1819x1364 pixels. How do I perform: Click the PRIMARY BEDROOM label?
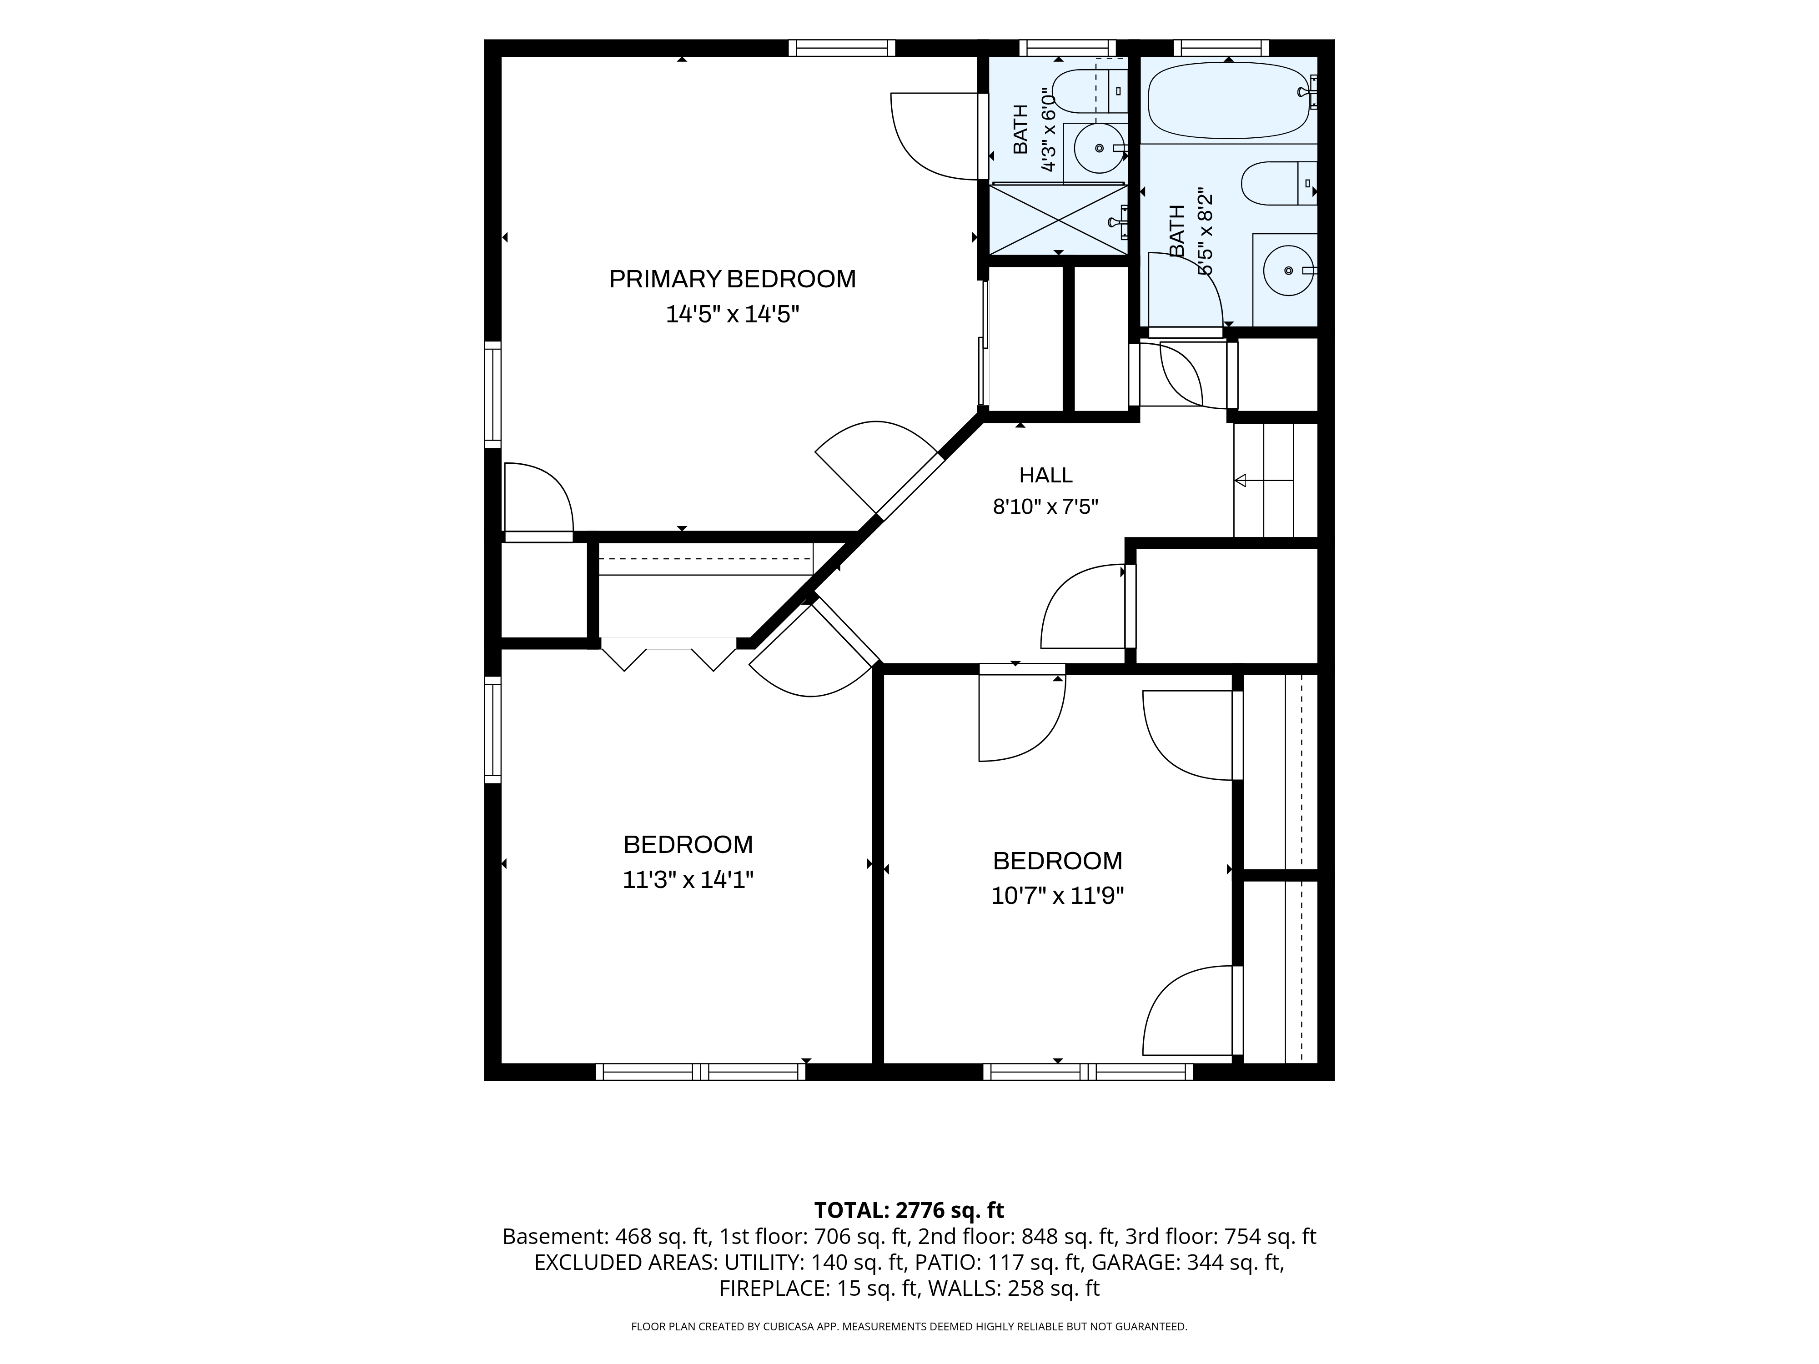click(x=732, y=280)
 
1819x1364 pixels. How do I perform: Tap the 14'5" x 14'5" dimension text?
click(x=732, y=314)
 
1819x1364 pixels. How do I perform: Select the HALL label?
click(x=1045, y=475)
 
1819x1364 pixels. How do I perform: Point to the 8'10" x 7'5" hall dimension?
click(x=1045, y=506)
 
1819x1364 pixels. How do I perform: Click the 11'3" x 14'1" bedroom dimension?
click(x=688, y=880)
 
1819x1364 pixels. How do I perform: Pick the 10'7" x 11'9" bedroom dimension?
click(x=1057, y=895)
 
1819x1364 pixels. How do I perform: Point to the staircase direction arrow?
click(x=1265, y=480)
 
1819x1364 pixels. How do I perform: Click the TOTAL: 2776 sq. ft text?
click(x=909, y=1210)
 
